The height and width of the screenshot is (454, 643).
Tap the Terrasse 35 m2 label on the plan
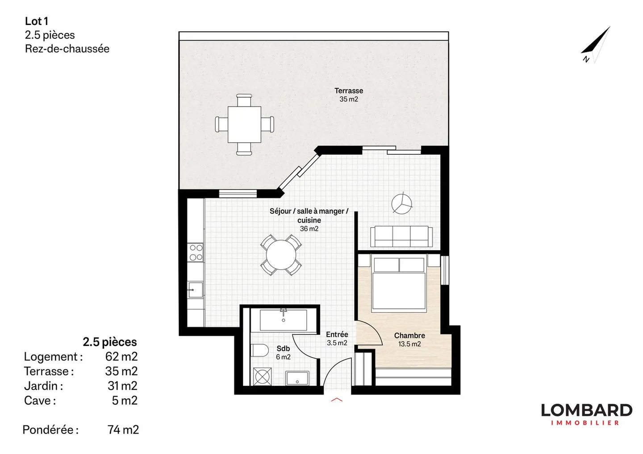pos(349,95)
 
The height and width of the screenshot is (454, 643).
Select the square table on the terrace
pos(244,124)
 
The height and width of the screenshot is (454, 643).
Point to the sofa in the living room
pos(401,236)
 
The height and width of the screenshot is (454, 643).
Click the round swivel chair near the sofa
pos(402,204)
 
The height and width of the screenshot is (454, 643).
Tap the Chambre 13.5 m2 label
pos(409,339)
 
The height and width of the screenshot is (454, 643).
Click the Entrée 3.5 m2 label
pos(337,338)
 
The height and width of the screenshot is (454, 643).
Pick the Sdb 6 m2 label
pos(283,352)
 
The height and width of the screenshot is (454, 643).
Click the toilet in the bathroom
pos(259,351)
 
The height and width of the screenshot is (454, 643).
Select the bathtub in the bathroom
pos(283,320)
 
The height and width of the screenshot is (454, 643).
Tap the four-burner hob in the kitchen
pos(196,252)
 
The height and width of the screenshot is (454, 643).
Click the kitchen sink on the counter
pos(195,289)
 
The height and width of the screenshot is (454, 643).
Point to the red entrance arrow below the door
pos(337,400)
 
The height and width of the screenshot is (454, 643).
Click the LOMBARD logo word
pos(586,410)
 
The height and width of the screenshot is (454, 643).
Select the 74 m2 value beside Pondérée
pos(123,429)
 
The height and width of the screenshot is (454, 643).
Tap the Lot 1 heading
pos(37,21)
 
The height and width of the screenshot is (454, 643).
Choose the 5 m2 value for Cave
pos(125,400)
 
